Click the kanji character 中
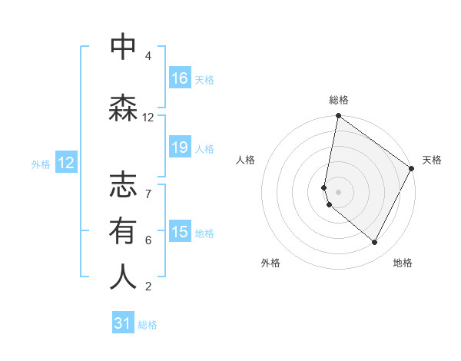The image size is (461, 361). coord(123,48)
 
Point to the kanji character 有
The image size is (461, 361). coord(123,231)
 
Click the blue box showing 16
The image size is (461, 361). coord(180,78)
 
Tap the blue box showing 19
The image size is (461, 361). coord(180,147)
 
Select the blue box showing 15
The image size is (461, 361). coord(180,232)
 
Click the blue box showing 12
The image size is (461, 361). coord(66,163)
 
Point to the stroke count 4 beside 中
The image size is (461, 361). coord(148,56)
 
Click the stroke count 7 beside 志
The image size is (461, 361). coord(148,186)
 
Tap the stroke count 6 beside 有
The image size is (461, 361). coord(148,240)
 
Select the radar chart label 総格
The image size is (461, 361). coord(339,100)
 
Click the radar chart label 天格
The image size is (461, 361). coord(432,160)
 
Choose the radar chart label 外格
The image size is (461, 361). coord(270,263)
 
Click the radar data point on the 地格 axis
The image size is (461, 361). coord(375,243)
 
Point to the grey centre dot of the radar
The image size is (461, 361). coord(339,191)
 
